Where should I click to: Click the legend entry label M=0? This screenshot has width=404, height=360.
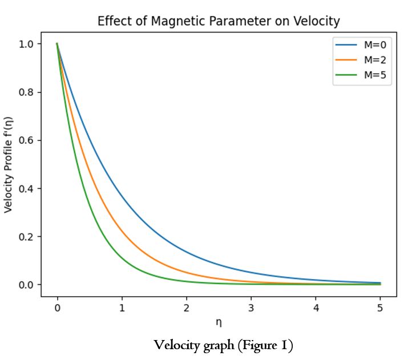(x=375, y=45)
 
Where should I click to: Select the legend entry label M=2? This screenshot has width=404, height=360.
(x=375, y=60)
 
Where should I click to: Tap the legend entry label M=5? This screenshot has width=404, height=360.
(x=375, y=75)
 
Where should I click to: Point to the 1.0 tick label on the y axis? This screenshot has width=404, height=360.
(x=26, y=44)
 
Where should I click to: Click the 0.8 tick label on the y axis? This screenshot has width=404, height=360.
(x=26, y=92)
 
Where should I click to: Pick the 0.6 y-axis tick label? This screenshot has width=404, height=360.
(x=26, y=140)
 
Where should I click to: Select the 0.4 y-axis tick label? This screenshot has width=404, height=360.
(x=26, y=189)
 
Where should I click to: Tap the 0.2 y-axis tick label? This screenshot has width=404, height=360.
(x=26, y=237)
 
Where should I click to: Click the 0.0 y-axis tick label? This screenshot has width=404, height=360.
(x=26, y=285)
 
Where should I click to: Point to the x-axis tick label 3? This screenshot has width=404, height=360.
(x=251, y=308)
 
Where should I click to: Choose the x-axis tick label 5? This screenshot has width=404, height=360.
(x=380, y=308)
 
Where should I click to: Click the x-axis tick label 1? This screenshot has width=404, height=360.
(x=122, y=308)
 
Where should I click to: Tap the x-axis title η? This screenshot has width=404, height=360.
(x=219, y=322)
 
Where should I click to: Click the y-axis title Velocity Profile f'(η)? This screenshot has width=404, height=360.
(x=8, y=165)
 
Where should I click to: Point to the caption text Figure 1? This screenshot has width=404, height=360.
(x=265, y=345)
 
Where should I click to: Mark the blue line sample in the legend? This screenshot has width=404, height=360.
(x=346, y=45)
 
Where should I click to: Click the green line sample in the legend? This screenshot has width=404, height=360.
(x=346, y=75)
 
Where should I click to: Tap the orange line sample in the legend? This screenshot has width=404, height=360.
(x=346, y=60)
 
